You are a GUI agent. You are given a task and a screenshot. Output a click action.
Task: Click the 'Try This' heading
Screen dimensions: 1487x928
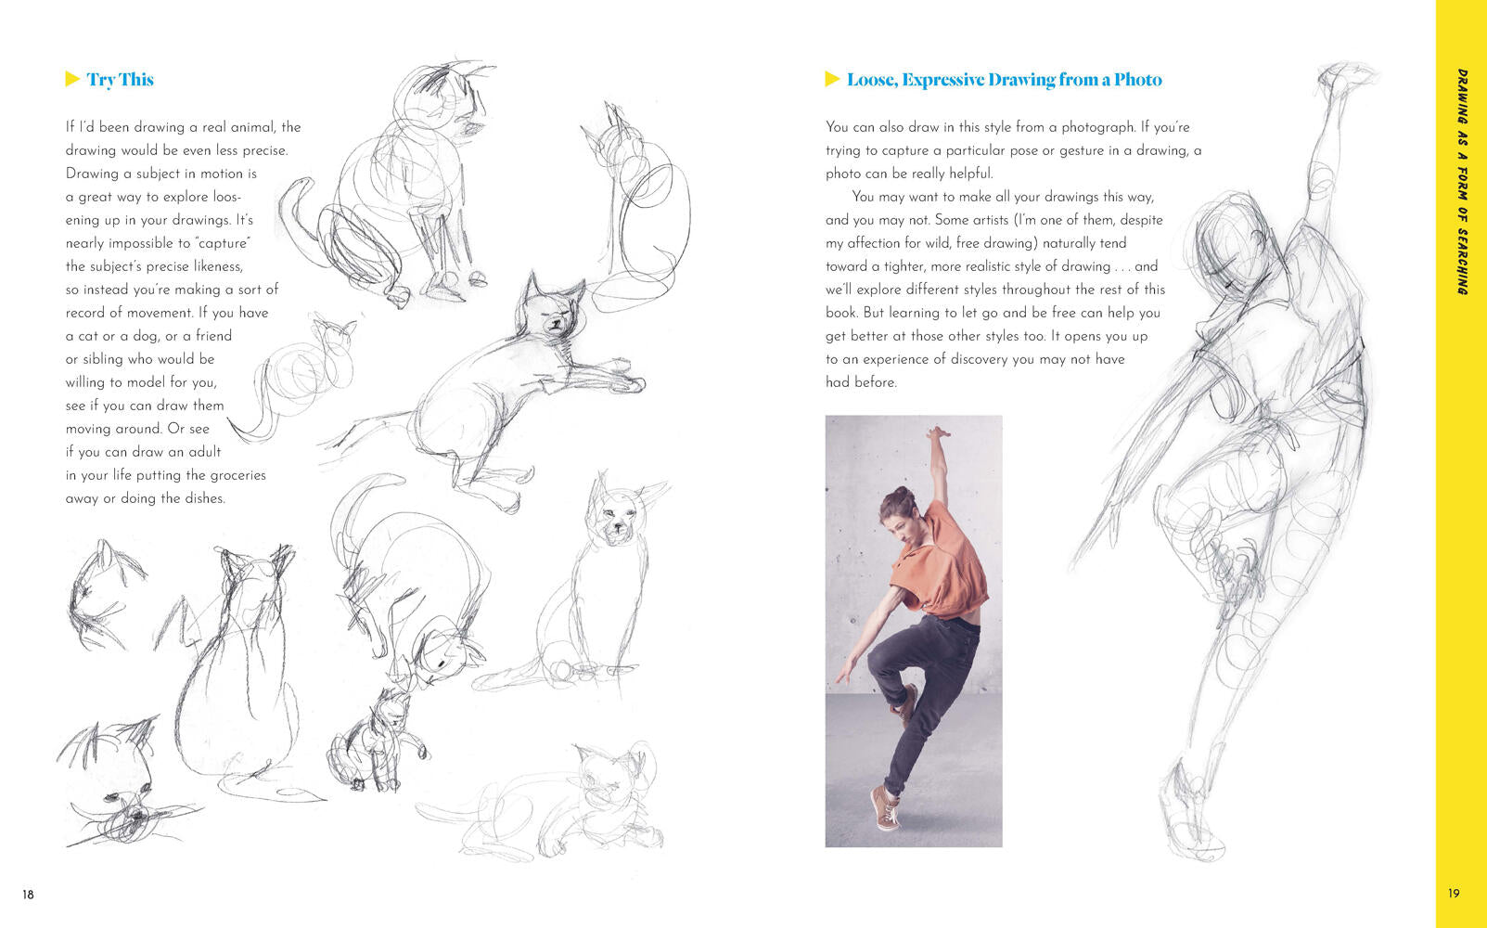pyautogui.click(x=121, y=80)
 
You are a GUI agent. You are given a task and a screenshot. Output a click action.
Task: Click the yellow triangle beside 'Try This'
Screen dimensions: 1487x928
pyautogui.click(x=72, y=79)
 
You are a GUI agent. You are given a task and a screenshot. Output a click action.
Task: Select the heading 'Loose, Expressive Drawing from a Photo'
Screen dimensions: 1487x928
pyautogui.click(x=1004, y=80)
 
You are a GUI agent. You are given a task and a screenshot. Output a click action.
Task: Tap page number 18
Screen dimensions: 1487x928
pyautogui.click(x=28, y=894)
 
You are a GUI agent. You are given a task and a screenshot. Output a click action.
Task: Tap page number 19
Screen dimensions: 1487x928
pyautogui.click(x=1454, y=894)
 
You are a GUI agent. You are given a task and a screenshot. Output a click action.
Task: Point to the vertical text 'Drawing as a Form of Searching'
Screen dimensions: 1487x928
pyautogui.click(x=1462, y=181)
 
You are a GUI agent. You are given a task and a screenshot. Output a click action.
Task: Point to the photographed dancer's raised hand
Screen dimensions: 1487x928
pyautogui.click(x=937, y=433)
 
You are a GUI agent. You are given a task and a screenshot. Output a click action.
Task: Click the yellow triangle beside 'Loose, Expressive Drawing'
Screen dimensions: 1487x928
pyautogui.click(x=832, y=79)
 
